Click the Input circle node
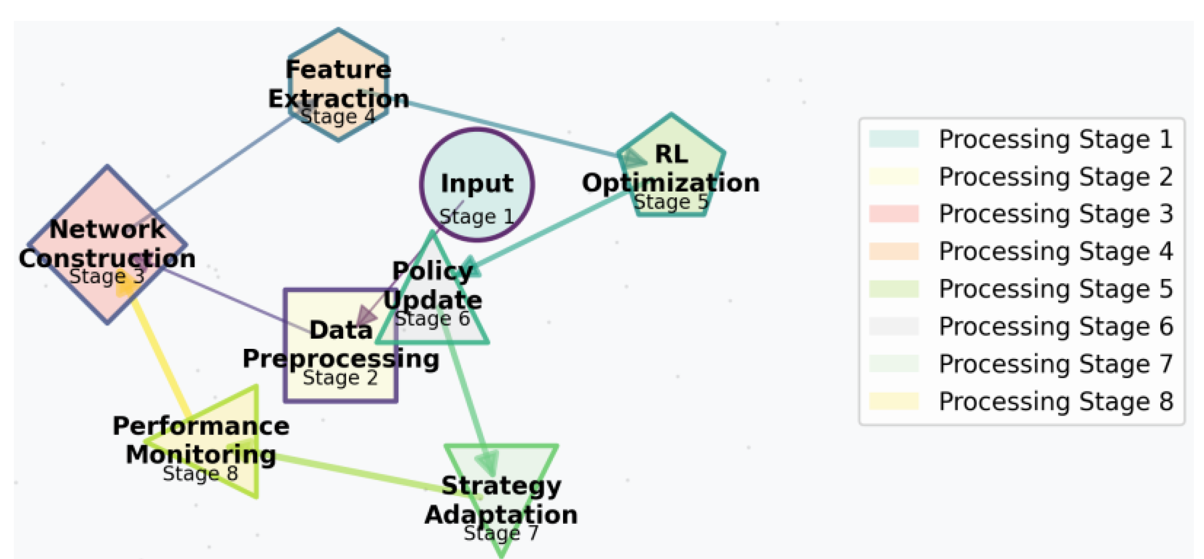(477, 160)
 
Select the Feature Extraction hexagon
(338, 48)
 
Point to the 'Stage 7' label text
(501, 532)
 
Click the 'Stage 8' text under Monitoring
(200, 473)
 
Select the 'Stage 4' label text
(337, 116)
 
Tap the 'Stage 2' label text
(340, 378)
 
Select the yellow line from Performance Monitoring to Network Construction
(160, 357)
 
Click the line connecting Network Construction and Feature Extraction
(213, 168)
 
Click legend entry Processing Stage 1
(1055, 139)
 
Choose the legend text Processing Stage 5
(1055, 289)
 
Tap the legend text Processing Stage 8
(1055, 401)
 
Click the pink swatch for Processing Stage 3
(893, 213)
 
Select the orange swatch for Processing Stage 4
(893, 251)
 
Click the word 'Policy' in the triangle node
(432, 271)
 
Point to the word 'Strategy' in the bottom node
(501, 485)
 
